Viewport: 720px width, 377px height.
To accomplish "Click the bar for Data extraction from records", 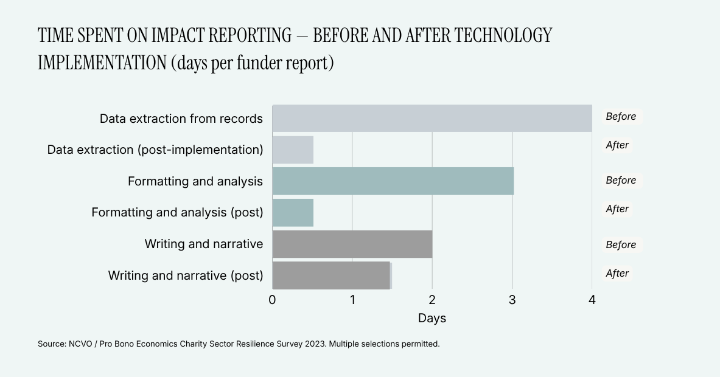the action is [x=432, y=119].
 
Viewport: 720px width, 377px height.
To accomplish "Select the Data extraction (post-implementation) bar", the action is [x=293, y=150].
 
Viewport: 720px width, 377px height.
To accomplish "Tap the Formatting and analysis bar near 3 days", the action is [x=393, y=181].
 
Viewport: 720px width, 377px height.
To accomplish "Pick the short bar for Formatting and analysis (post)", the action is [x=293, y=212].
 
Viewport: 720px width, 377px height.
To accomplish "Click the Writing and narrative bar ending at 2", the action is [x=352, y=244].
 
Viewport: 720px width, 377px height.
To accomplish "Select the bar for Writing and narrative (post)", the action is [x=332, y=275].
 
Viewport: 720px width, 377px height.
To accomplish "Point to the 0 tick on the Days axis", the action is [x=272, y=300].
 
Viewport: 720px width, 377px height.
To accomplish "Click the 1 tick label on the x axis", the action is [x=352, y=300].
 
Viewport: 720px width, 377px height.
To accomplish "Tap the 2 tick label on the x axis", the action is [x=432, y=300].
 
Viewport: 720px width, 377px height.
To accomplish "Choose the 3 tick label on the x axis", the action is [x=512, y=300].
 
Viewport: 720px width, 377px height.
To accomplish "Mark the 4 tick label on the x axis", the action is [x=592, y=300].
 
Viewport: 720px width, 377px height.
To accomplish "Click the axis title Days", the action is [x=432, y=318].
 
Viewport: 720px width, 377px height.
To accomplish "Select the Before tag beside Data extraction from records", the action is [x=621, y=117].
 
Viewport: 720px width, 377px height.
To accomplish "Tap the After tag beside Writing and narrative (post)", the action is [x=617, y=274].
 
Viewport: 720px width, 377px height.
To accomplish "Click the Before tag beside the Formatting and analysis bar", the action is [x=621, y=180].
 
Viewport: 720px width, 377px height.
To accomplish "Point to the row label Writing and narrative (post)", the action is [x=186, y=275].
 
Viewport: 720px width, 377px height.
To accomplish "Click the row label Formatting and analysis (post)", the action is [x=177, y=212].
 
